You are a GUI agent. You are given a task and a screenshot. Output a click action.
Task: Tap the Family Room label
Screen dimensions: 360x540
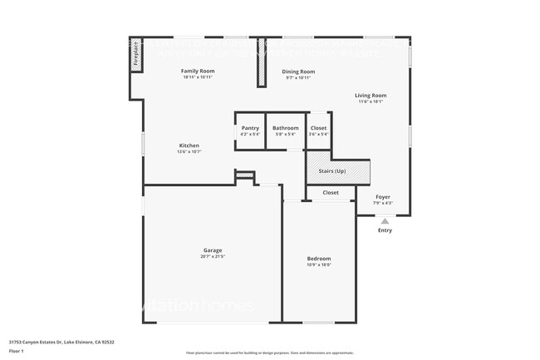198,72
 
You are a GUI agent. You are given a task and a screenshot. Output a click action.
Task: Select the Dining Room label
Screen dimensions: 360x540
298,72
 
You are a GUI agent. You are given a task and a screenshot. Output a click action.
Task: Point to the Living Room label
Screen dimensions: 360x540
371,96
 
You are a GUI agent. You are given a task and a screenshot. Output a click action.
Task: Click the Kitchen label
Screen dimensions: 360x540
189,145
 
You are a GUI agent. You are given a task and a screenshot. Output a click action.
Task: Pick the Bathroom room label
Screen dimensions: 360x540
285,128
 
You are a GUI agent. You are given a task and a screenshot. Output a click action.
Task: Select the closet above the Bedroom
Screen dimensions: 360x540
330,192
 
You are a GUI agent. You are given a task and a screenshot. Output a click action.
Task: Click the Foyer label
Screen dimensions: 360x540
383,197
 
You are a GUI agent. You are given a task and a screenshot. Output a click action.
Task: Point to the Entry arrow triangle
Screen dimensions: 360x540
385,221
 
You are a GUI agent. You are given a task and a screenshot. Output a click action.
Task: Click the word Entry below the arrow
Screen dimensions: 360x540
385,230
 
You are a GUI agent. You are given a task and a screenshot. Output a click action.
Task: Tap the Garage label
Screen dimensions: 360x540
213,250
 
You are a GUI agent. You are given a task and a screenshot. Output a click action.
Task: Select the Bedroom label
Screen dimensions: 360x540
319,259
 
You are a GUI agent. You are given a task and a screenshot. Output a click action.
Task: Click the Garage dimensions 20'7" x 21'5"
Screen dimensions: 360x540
213,257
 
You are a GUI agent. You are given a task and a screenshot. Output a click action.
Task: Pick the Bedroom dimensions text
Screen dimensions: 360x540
319,265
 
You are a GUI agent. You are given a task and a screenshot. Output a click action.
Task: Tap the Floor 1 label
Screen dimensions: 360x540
17,352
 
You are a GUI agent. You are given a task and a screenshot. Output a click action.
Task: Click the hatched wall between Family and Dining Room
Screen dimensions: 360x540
260,62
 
